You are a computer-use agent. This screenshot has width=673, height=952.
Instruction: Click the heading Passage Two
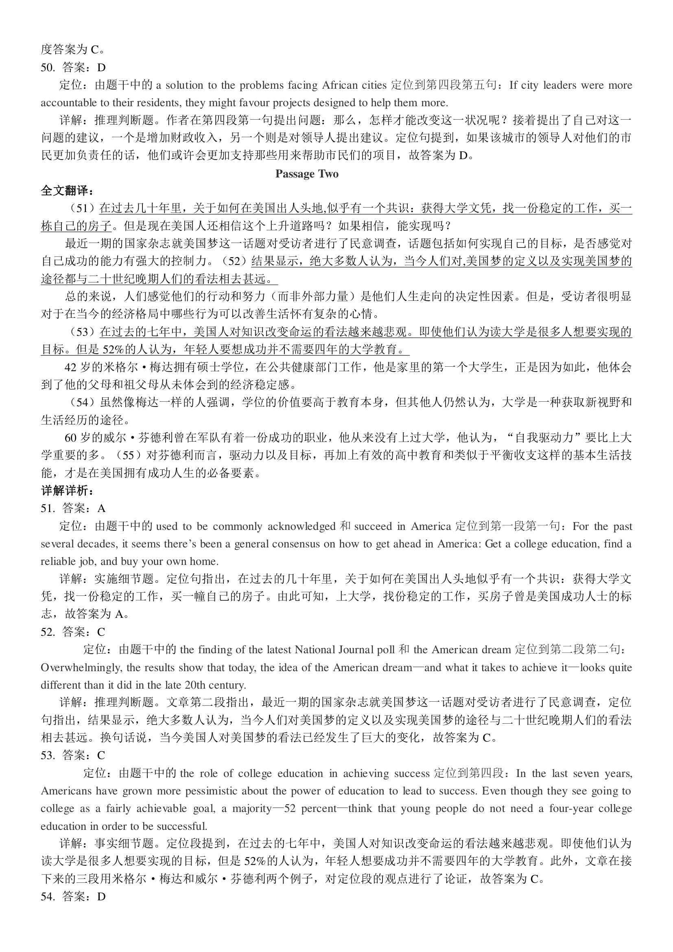pyautogui.click(x=307, y=174)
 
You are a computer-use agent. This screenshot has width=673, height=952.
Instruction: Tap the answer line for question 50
pyautogui.click(x=73, y=67)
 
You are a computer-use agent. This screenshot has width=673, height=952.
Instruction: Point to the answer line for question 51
pyautogui.click(x=73, y=508)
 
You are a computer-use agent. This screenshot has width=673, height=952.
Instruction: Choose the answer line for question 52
pyautogui.click(x=73, y=632)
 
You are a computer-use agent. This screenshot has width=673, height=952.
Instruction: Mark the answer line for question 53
pyautogui.click(x=73, y=755)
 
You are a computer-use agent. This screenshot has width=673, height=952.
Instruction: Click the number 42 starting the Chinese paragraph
pyautogui.click(x=70, y=367)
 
